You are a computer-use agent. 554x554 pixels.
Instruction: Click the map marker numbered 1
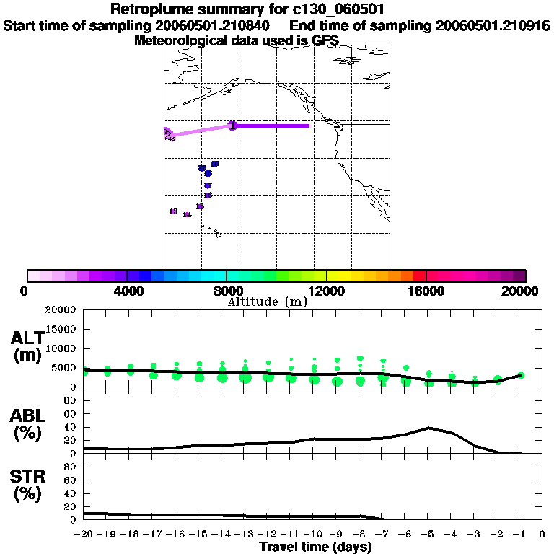click(x=232, y=126)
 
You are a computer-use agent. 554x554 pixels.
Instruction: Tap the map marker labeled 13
click(x=173, y=211)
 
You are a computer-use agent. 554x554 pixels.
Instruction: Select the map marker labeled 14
click(x=187, y=214)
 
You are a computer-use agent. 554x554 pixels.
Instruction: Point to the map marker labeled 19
click(x=214, y=164)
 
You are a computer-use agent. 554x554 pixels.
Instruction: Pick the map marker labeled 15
click(x=200, y=206)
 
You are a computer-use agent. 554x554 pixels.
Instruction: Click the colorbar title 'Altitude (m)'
click(x=267, y=302)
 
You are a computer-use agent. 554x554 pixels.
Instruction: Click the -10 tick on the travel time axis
click(x=313, y=534)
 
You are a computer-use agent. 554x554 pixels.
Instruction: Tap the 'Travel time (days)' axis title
click(x=315, y=548)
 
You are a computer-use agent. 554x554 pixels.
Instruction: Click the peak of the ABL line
click(x=429, y=428)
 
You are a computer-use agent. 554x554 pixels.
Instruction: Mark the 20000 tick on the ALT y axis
click(x=61, y=310)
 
